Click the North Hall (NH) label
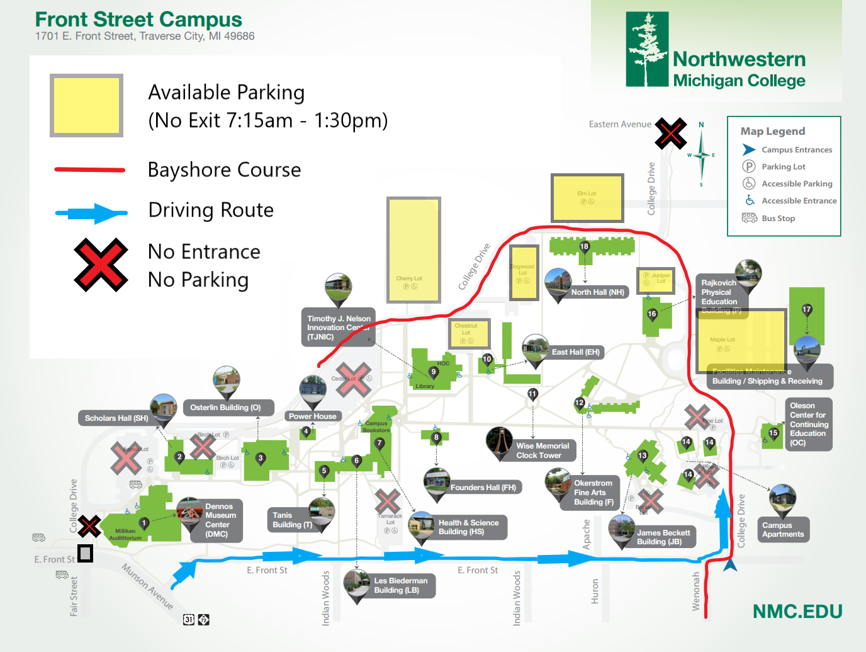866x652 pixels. [x=597, y=292]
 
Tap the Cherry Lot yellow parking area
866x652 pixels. [x=413, y=249]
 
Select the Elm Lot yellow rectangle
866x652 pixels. [x=587, y=197]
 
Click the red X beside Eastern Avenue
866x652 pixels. [x=670, y=133]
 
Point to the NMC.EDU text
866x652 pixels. [x=797, y=612]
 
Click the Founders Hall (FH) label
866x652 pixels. [x=483, y=488]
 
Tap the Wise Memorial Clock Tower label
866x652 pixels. [x=543, y=450]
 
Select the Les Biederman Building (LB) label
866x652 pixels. [x=400, y=586]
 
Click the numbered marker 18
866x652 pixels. [x=585, y=246]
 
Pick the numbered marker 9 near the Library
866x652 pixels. [x=433, y=372]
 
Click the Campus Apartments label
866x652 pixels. [x=783, y=530]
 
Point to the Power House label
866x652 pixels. [x=313, y=416]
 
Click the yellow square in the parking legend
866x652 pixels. [x=86, y=106]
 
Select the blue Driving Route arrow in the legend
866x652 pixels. [x=91, y=213]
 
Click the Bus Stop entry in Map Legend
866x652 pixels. [x=778, y=219]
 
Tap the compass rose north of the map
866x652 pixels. [x=701, y=154]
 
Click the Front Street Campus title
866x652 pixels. [x=138, y=20]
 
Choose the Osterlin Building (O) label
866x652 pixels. [x=225, y=408]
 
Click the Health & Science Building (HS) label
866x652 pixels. [x=468, y=527]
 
